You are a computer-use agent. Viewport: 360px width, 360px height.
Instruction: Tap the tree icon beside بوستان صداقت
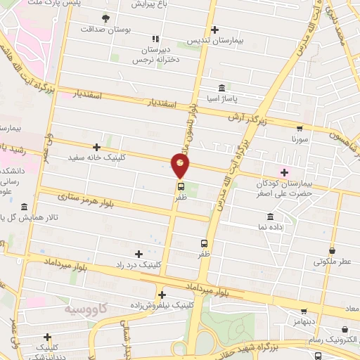tap(105, 18)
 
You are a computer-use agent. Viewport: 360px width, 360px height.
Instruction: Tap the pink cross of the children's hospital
tap(284, 172)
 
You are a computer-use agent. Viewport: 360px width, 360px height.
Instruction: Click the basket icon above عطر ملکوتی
tap(332, 249)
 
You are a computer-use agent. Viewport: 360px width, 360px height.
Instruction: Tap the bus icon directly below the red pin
tap(181, 187)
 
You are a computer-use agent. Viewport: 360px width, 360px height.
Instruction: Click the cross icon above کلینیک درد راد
tap(138, 253)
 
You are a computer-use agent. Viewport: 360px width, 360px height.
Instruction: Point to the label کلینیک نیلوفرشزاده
tap(161, 306)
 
